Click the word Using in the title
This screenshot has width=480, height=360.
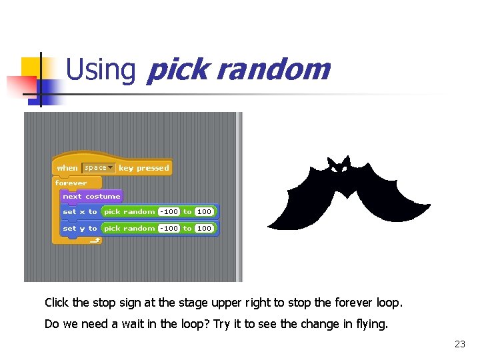coord(101,70)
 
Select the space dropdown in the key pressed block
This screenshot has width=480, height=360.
coord(99,168)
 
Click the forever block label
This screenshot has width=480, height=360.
coord(71,183)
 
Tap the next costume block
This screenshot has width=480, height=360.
coord(91,197)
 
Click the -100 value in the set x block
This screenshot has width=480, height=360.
coord(169,212)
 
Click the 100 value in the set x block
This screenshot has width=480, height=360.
coord(204,212)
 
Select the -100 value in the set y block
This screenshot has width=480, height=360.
coord(169,228)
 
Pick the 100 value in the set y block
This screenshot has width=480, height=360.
coord(204,228)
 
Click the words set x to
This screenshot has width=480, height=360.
coord(79,212)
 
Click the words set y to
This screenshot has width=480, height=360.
coord(79,228)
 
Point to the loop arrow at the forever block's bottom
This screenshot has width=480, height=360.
coord(95,241)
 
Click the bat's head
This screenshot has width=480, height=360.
coord(339,167)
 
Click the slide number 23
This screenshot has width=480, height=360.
coord(459,344)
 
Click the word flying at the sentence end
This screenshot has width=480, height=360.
coord(372,325)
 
